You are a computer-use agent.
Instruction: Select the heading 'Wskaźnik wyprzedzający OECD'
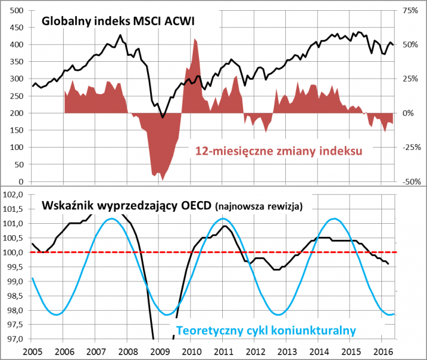126,206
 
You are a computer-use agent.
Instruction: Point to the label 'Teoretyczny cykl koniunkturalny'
266,330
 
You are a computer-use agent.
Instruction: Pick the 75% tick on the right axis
410,10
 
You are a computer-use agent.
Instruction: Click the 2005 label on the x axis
33,351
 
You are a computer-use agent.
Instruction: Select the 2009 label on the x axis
159,351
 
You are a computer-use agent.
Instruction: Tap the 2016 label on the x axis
381,351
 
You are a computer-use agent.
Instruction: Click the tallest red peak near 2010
196,39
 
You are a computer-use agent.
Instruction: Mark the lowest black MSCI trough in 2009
163,118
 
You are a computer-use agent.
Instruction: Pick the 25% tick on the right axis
410,79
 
